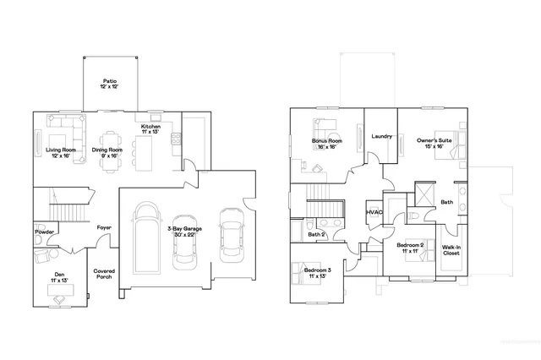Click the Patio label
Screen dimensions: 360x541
point(110,83)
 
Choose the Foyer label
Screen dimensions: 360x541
point(104,227)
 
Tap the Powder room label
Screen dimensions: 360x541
point(45,232)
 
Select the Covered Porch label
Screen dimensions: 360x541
point(104,274)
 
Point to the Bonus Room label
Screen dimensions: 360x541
point(326,144)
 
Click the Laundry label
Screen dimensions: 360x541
point(380,136)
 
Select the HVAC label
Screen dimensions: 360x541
point(374,212)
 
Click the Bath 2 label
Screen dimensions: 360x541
point(316,234)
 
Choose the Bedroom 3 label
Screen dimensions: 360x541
point(319,272)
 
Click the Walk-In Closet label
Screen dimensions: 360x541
point(451,251)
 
